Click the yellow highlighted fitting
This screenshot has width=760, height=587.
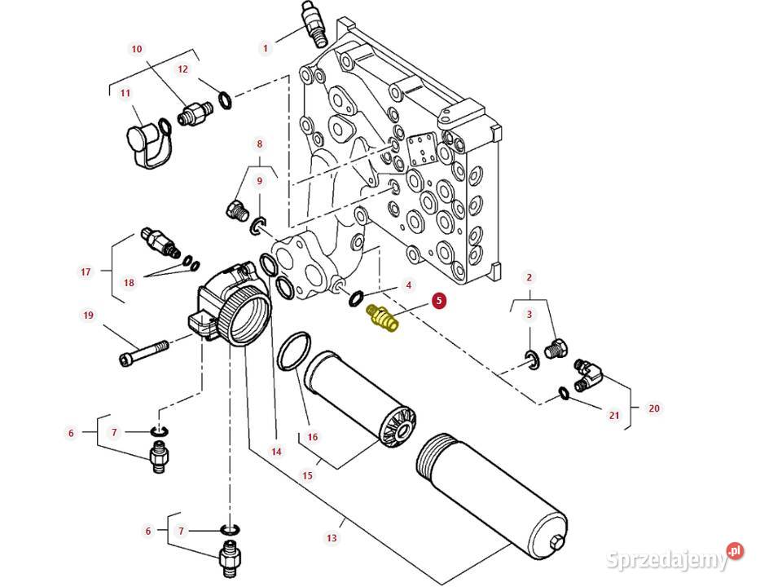pos(382,319)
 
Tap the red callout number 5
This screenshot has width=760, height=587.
pos(438,302)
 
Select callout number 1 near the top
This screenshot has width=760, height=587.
pos(265,48)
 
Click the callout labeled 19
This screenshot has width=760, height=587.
pos(87,315)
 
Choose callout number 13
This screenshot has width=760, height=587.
pos(332,538)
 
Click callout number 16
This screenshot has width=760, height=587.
pos(312,437)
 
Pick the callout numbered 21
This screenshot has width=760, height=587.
pos(614,415)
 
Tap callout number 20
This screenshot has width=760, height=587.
pos(653,408)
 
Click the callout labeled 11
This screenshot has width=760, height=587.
pos(125,94)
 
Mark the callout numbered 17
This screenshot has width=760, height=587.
pos(86,271)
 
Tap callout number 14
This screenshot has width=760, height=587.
pos(276,451)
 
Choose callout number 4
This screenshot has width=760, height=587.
pos(409,285)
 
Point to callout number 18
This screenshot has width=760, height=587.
pos(129,283)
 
